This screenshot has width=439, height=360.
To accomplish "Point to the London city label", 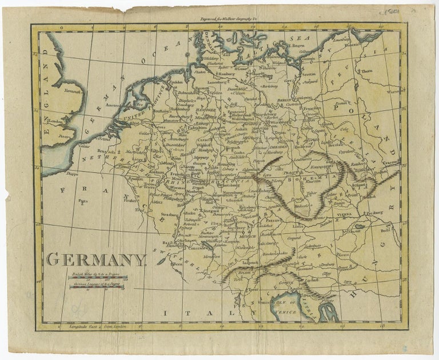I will click(55, 121).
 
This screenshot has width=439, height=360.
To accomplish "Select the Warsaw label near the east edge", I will click(393, 91).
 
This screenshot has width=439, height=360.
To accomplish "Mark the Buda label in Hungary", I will click(386, 231).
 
